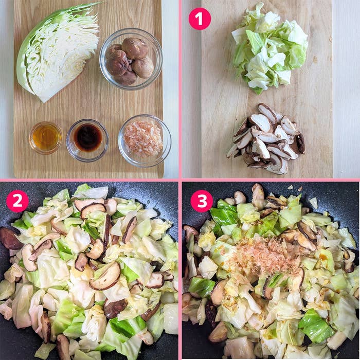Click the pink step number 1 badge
[x=200, y=19]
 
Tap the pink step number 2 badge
[x=17, y=201]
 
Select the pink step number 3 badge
[x=202, y=201]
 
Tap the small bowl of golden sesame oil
[x=46, y=137]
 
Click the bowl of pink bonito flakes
[x=144, y=139]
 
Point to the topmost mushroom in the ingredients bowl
[x=135, y=48]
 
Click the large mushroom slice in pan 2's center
[x=105, y=276]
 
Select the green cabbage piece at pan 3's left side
[x=201, y=286]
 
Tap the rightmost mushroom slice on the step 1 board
[x=300, y=143]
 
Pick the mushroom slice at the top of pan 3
[x=257, y=192]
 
